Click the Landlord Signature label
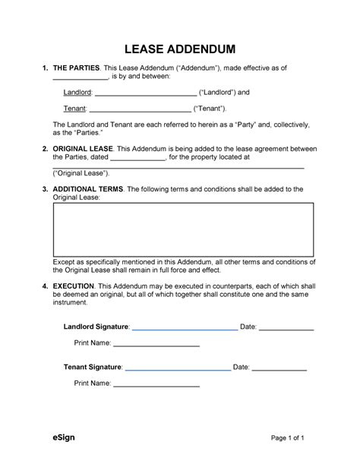click(96, 327)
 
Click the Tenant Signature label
click(93, 367)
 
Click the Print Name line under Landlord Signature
click(156, 346)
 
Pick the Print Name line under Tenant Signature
click(156, 386)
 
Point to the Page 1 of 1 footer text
click(287, 438)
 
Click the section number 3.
click(44, 188)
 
